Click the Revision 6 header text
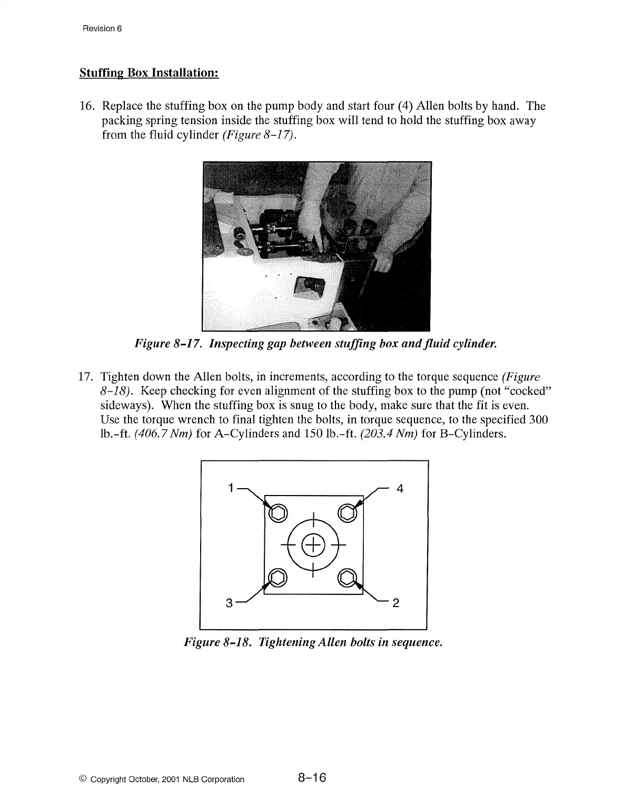(102, 28)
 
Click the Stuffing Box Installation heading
(149, 72)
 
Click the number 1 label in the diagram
(230, 488)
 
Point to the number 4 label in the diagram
(400, 489)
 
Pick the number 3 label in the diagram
(229, 603)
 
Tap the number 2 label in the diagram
(396, 603)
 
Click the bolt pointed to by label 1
(278, 512)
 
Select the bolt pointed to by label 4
(348, 512)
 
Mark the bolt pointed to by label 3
(278, 578)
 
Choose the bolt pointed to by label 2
(348, 578)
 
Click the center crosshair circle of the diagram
(313, 544)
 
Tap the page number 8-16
(312, 778)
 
